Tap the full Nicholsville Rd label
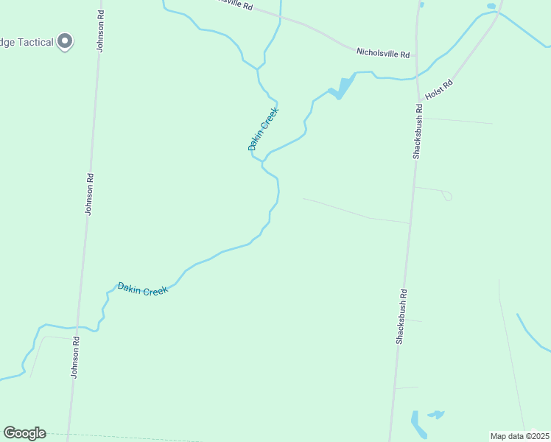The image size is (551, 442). pyautogui.click(x=382, y=53)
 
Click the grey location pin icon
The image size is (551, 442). pyautogui.click(x=65, y=41)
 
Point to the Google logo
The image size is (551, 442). pyautogui.click(x=24, y=433)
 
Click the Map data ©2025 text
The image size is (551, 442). pyautogui.click(x=519, y=436)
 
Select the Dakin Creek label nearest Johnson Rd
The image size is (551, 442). pyautogui.click(x=143, y=289)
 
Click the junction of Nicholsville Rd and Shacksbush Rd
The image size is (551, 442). pyautogui.click(x=415, y=55)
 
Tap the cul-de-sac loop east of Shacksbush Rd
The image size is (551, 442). pyautogui.click(x=446, y=195)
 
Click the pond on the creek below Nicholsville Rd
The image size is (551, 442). pyautogui.click(x=341, y=88)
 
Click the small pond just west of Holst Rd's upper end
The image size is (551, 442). pyautogui.click(x=491, y=6)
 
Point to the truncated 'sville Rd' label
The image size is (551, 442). pyautogui.click(x=235, y=4)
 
